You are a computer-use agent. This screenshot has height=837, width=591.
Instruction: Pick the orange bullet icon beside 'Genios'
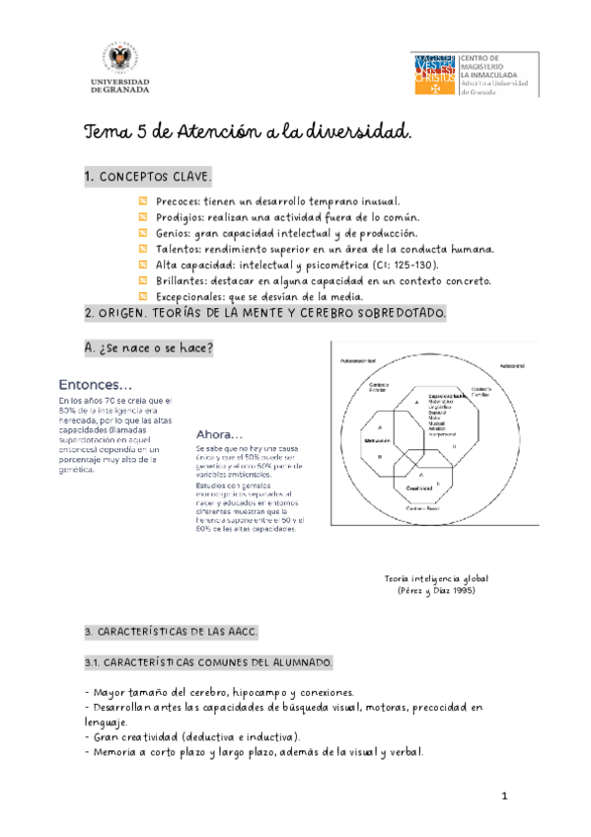[x=142, y=233]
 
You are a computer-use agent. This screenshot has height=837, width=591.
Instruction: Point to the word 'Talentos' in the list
[x=179, y=249]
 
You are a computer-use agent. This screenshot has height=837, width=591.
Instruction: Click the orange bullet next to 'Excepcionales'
[x=142, y=296]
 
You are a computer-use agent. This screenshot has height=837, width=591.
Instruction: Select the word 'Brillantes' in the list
[x=183, y=280]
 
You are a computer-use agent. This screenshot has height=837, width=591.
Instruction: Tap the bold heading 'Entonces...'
[x=96, y=384]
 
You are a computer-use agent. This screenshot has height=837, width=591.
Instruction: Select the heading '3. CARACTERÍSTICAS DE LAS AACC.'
[x=170, y=631]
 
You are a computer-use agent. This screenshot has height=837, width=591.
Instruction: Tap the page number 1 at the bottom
[x=503, y=796]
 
